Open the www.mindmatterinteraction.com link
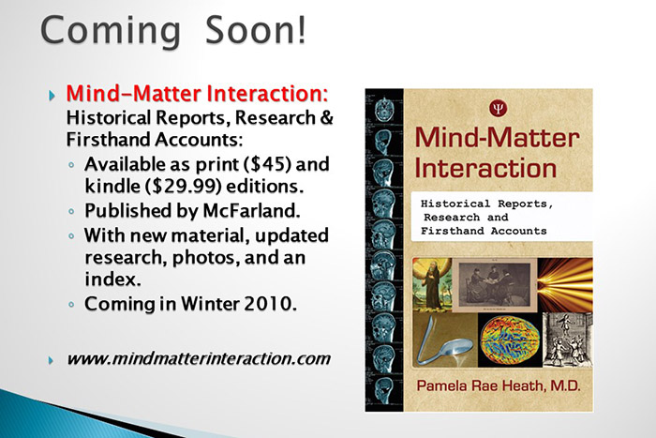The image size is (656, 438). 198,358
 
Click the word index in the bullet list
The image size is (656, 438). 105,279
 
